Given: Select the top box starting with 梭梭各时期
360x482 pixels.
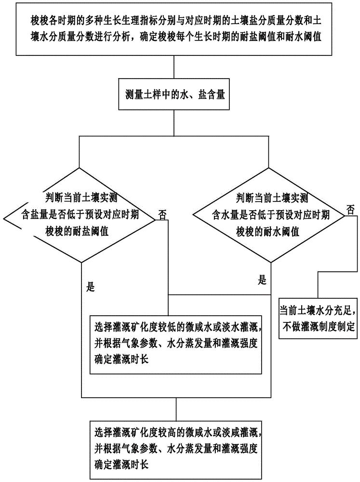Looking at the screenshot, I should (x=180, y=29).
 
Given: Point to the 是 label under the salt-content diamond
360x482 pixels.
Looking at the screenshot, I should (x=90, y=287).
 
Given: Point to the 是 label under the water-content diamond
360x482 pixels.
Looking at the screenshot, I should (x=263, y=280).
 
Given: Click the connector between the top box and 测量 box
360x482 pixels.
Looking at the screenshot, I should (x=172, y=67).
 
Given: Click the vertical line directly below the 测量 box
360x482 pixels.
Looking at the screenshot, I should (x=172, y=123).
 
